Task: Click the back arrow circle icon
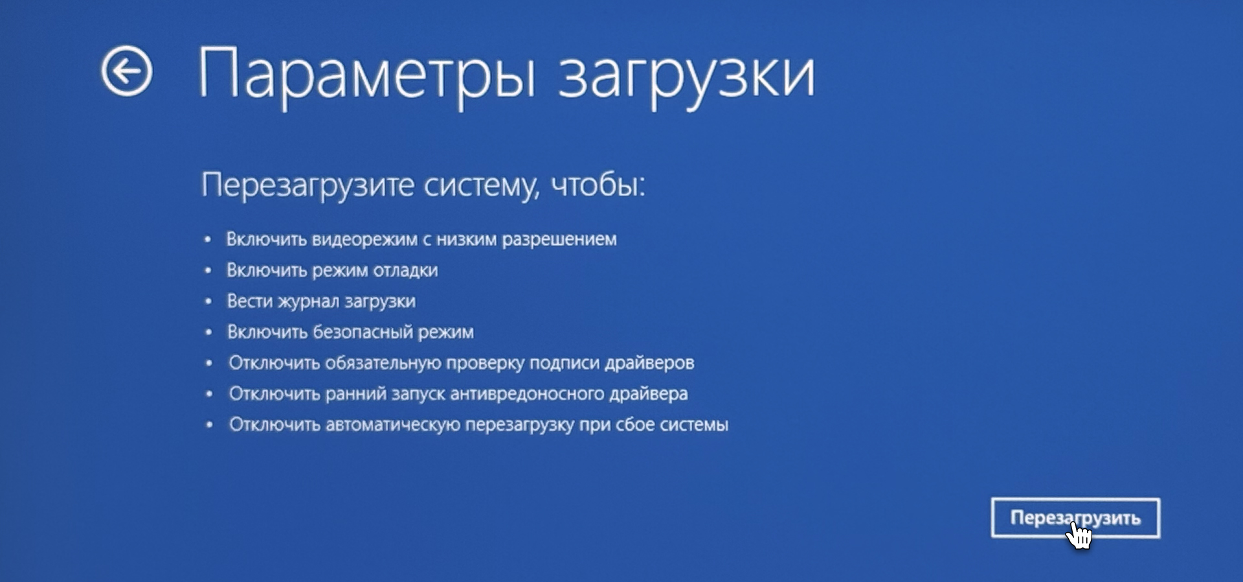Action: click(126, 71)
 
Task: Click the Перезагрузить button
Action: click(1075, 518)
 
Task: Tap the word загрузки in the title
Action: click(686, 78)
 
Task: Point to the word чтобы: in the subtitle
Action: click(598, 185)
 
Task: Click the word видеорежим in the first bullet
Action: click(364, 240)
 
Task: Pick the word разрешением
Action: click(559, 240)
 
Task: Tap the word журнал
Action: click(308, 302)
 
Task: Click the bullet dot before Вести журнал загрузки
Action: click(208, 301)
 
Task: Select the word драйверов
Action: click(649, 364)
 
